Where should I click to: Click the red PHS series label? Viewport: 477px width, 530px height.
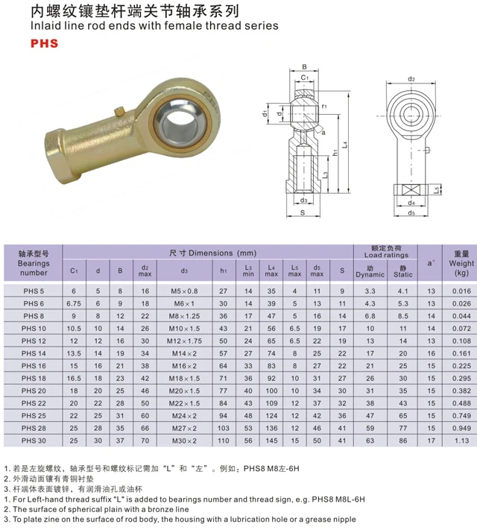45,43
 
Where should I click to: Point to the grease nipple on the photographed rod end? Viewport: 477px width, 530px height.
117,113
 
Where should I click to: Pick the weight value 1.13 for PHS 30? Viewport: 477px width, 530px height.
461,440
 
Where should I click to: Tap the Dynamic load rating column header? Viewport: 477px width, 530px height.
370,272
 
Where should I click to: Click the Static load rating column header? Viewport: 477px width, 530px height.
403,272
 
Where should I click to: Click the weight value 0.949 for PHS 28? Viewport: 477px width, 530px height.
461,428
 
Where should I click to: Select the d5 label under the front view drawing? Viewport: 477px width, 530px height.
411,212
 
